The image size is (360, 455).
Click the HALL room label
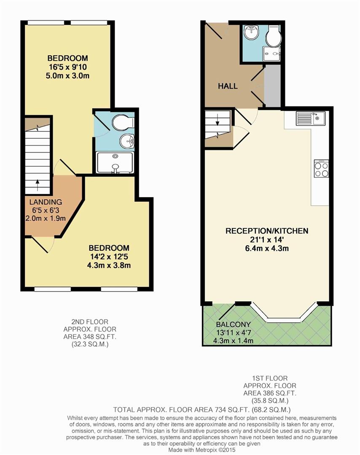[x=228, y=86]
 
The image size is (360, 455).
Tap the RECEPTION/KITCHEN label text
[x=267, y=231]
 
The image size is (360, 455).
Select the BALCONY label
[x=233, y=324]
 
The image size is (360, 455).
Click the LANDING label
[x=46, y=202]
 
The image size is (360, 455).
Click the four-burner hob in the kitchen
[x=321, y=169]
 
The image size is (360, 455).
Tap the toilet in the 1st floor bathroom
[x=274, y=35]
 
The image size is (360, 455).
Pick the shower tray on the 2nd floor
[x=115, y=163]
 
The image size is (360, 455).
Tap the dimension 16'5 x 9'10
[x=67, y=67]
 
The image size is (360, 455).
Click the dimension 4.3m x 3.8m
[x=109, y=265]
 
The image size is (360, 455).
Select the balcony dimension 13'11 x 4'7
[x=233, y=332]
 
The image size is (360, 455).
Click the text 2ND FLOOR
[x=90, y=322]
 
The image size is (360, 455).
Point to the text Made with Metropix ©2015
[x=202, y=450]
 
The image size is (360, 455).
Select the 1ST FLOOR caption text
[x=270, y=378]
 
